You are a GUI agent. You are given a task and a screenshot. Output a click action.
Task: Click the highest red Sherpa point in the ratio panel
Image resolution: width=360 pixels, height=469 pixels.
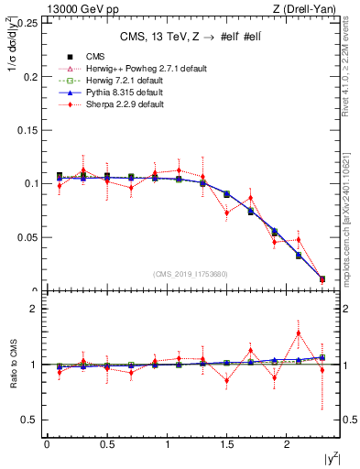pyautogui.click(x=299, y=333)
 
